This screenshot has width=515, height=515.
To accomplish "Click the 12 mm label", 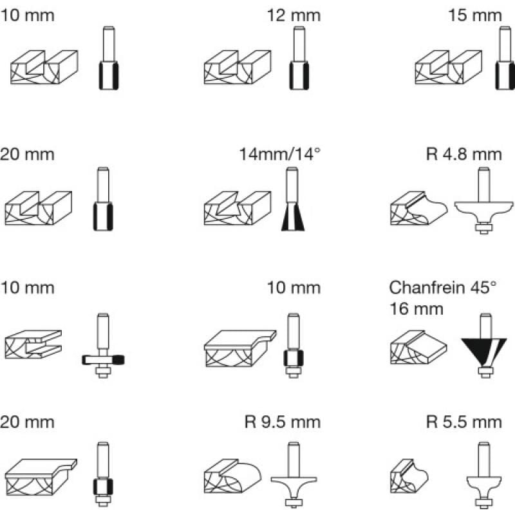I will (x=294, y=15).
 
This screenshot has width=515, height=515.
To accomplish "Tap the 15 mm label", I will (x=476, y=15).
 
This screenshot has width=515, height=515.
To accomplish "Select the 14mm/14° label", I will (x=279, y=154).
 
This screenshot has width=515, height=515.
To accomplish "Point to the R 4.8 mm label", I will (x=464, y=154).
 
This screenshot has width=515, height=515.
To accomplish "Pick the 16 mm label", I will (x=417, y=308).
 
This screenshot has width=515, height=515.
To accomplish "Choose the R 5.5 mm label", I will (x=464, y=422).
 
